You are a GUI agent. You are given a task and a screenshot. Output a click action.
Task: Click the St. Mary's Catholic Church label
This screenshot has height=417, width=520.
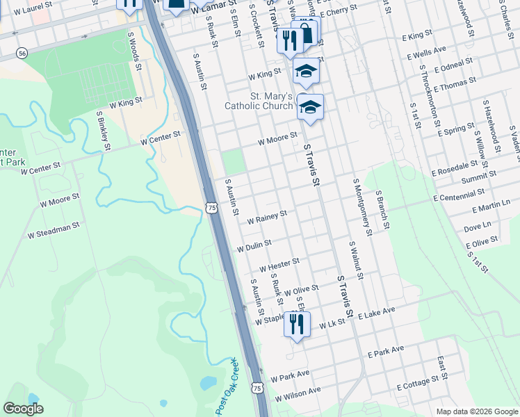pyautogui.click(x=258, y=101)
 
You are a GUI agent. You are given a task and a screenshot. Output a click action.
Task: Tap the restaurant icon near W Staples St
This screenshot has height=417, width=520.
pyautogui.click(x=297, y=324)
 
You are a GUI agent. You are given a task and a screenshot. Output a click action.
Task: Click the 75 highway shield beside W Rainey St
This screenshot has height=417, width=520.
pyautogui.click(x=212, y=207)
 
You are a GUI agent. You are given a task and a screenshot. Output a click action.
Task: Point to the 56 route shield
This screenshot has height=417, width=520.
pyautogui.click(x=23, y=53)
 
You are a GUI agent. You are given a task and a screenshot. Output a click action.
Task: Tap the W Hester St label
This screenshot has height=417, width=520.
pyautogui.click(x=279, y=265)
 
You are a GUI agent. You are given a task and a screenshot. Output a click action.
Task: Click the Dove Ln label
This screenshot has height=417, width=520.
pyautogui.click(x=477, y=226)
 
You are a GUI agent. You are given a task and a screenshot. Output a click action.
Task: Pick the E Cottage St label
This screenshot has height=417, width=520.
pyautogui.click(x=421, y=382)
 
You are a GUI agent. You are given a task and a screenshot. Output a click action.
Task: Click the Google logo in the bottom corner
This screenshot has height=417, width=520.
pyautogui.click(x=23, y=409)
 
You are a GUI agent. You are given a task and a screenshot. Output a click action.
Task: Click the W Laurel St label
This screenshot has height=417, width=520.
pyautogui.click(x=27, y=6)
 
